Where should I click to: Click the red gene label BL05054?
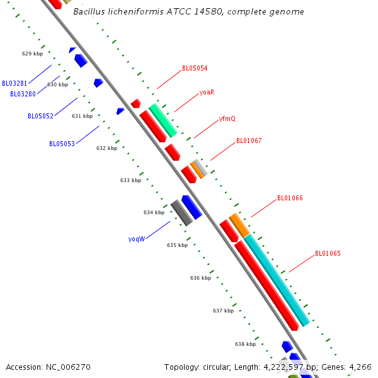click(x=195, y=68)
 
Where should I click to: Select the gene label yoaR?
click(x=207, y=92)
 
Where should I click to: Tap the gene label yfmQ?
click(x=227, y=118)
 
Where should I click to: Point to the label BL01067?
click(x=249, y=140)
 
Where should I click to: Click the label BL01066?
click(x=290, y=198)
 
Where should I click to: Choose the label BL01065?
click(x=328, y=254)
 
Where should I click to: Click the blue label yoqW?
click(x=137, y=239)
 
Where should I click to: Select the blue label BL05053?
click(x=62, y=144)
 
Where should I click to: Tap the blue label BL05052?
click(x=40, y=116)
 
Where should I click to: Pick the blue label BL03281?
click(x=14, y=83)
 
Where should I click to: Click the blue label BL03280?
click(x=23, y=94)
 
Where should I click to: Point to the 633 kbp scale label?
click(x=130, y=180)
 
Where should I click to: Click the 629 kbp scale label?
click(x=32, y=54)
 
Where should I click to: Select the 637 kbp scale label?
click(x=223, y=311)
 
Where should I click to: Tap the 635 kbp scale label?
click(x=177, y=245)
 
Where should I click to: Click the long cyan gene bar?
click(x=277, y=280)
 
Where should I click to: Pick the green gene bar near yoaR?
click(x=163, y=120)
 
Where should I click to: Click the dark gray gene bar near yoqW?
click(x=181, y=213)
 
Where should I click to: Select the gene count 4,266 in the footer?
click(x=360, y=366)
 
